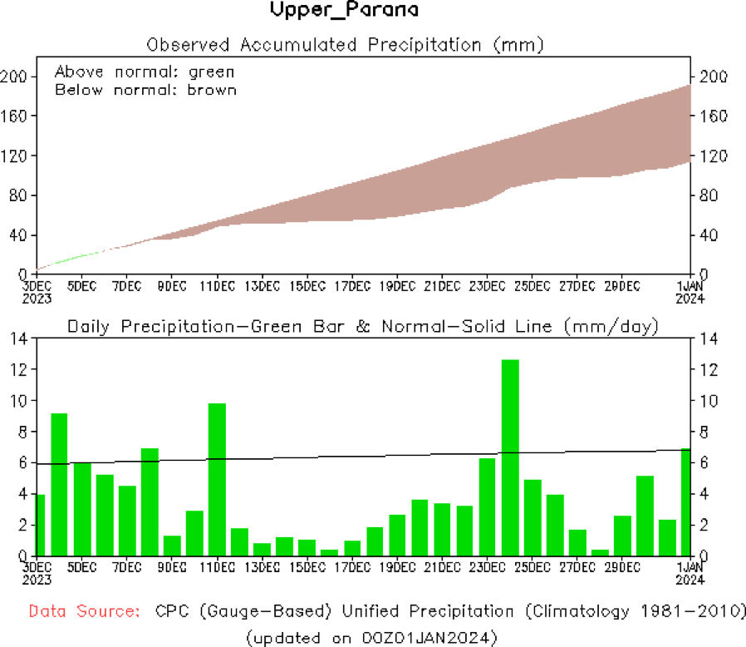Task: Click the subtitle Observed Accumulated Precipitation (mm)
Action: pyautogui.click(x=345, y=44)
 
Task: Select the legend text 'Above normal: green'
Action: pyautogui.click(x=145, y=72)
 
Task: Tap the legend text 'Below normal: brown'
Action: pyautogui.click(x=145, y=90)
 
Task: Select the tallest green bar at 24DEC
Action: pyautogui.click(x=510, y=457)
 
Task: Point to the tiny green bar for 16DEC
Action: pyautogui.click(x=329, y=552)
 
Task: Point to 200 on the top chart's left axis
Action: pyautogui.click(x=17, y=77)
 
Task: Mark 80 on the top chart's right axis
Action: pyautogui.click(x=709, y=195)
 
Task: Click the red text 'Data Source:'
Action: pyautogui.click(x=84, y=611)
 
